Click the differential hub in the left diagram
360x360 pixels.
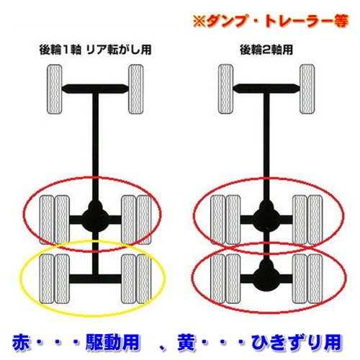(x=93, y=213)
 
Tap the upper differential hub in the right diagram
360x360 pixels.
(x=264, y=213)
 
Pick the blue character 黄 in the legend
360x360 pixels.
(x=201, y=338)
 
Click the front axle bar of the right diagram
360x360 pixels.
(x=264, y=89)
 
